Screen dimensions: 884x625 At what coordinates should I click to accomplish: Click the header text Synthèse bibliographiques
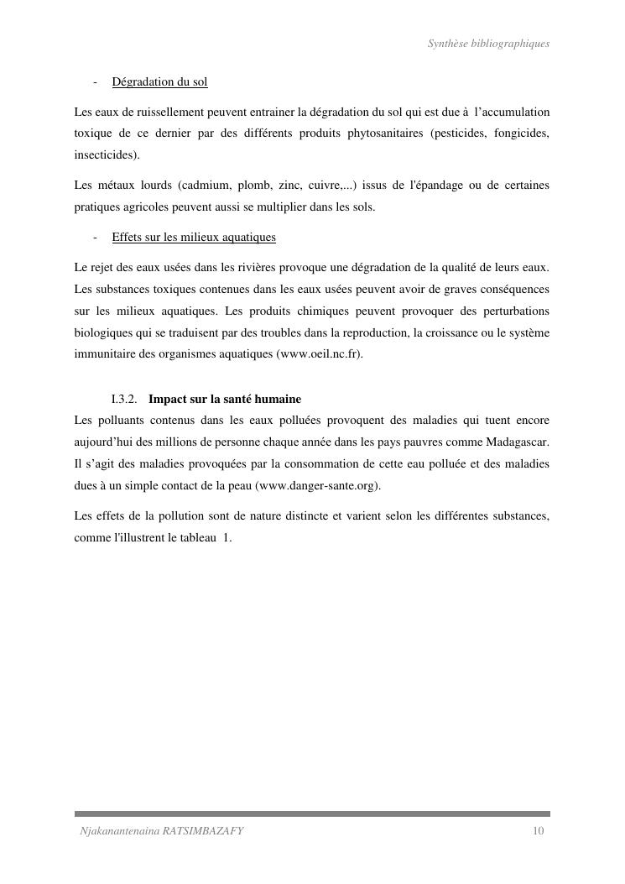pos(488,43)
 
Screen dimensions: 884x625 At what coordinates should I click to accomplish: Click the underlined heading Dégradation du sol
pos(159,82)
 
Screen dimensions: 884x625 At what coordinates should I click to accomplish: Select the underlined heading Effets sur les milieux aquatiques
pos(194,238)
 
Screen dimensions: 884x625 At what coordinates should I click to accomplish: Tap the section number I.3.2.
pos(124,399)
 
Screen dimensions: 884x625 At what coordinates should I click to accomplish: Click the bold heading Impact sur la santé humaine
pos(225,399)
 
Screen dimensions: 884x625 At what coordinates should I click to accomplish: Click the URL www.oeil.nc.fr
pos(320,355)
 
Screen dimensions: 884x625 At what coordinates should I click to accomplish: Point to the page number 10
pos(538,831)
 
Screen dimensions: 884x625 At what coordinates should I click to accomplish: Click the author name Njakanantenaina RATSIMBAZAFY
pos(161,831)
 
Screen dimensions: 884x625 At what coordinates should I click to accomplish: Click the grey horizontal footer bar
pos(312,813)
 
